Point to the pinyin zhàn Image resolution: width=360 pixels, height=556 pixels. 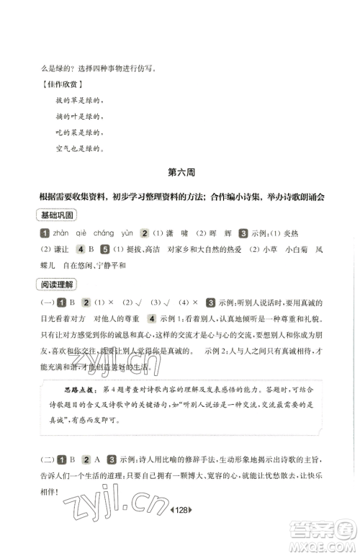pos(63,233)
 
